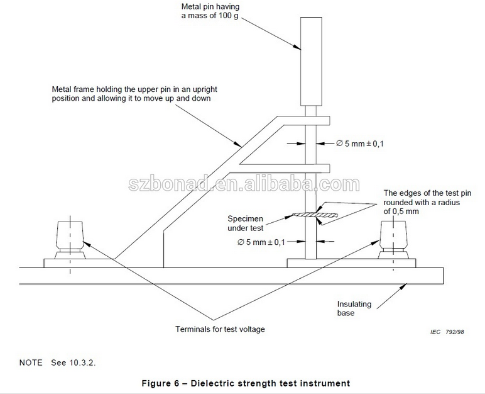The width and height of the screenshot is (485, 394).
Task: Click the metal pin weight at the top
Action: coord(310,60)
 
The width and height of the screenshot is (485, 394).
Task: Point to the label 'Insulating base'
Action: coord(354,308)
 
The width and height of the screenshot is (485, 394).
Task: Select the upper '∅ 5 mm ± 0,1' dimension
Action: coord(359,144)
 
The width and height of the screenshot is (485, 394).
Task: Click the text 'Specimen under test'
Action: coord(246,223)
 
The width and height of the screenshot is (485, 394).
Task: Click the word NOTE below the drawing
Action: coord(31,363)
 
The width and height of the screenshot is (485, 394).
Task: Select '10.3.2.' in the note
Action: coord(85,363)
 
